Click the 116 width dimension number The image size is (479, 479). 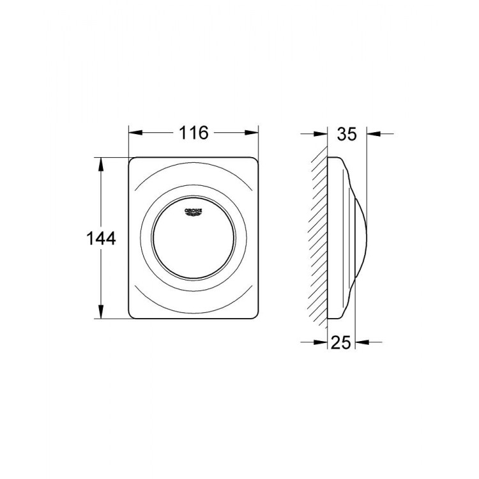(194, 133)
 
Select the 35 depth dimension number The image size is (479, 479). (346, 133)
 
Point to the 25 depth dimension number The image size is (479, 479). (342, 342)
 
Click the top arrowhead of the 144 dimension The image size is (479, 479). (100, 161)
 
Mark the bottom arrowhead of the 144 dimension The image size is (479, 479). (100, 315)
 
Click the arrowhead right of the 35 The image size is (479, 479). (371, 133)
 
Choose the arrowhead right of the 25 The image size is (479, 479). (360, 342)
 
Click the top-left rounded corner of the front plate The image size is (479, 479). (134, 162)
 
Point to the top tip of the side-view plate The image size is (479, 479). (333, 158)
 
